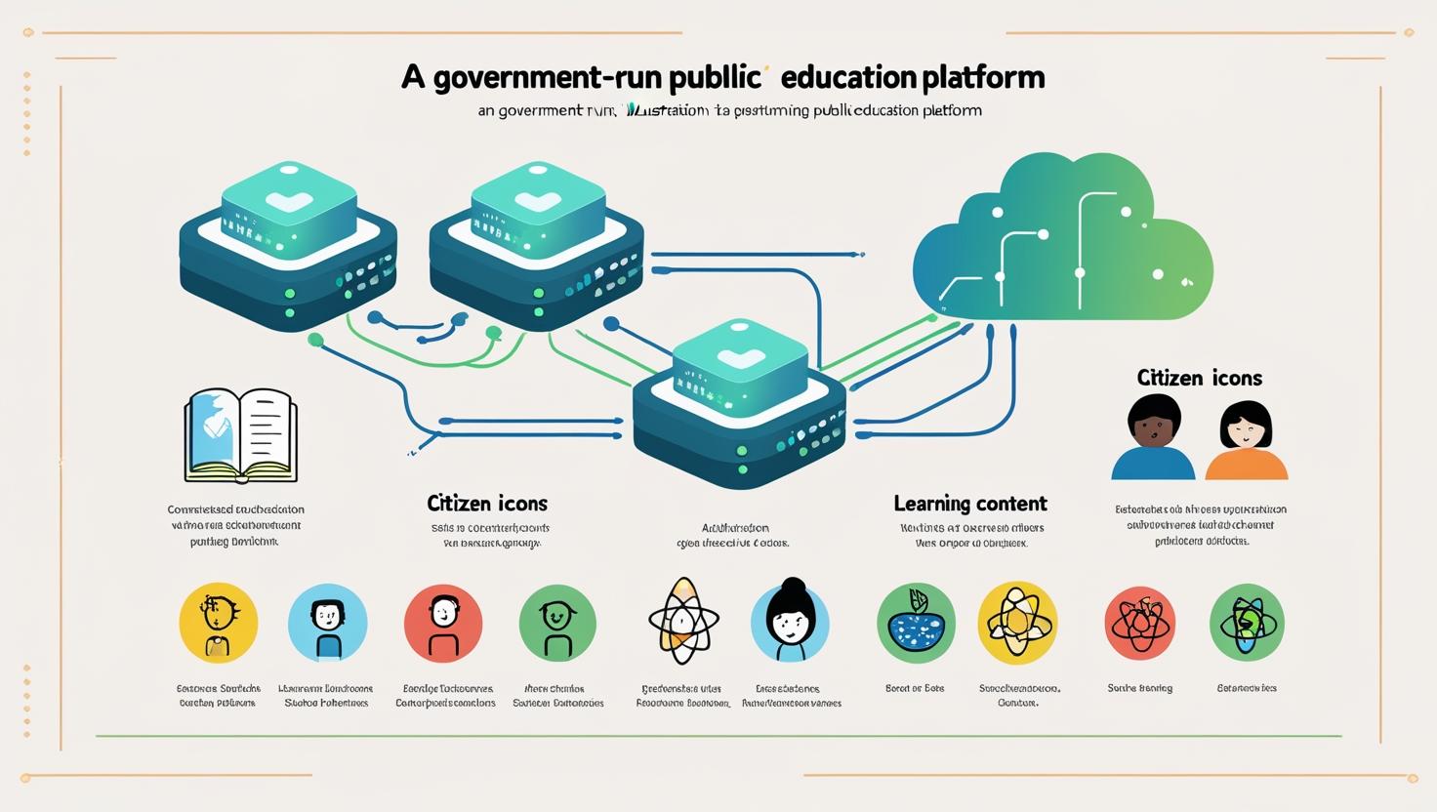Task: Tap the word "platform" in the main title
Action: [x=983, y=77]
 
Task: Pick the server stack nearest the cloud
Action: [x=739, y=405]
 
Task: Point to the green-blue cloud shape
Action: [x=1064, y=239]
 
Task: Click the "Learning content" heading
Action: [x=969, y=504]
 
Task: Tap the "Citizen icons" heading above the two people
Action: [x=1199, y=378]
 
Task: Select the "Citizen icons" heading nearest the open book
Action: [x=487, y=504]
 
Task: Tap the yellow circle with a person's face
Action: [x=219, y=623]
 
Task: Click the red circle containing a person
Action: [x=443, y=624]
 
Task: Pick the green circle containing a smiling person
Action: [x=557, y=624]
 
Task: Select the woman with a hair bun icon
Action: [x=790, y=622]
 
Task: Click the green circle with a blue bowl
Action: [x=916, y=623]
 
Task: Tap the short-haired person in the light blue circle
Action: [x=328, y=623]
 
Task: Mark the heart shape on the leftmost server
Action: [x=290, y=201]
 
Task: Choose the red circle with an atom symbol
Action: [x=1139, y=623]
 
